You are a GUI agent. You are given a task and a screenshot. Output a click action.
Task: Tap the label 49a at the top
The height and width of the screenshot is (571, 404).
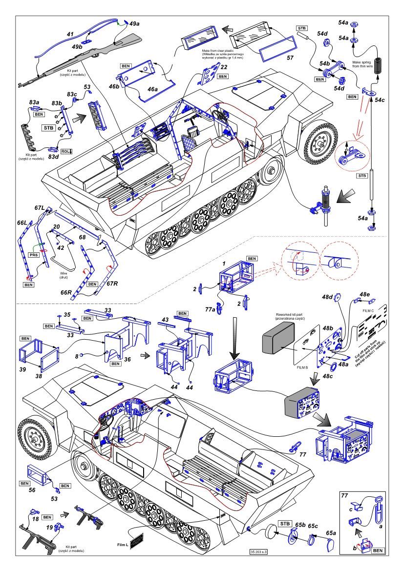click(134, 23)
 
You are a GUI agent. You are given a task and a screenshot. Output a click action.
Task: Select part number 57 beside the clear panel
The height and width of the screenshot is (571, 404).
click(290, 58)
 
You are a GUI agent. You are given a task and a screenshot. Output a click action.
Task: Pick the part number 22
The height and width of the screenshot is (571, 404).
click(223, 67)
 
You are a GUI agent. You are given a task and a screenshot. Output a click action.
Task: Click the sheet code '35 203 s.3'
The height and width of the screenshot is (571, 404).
click(258, 551)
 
